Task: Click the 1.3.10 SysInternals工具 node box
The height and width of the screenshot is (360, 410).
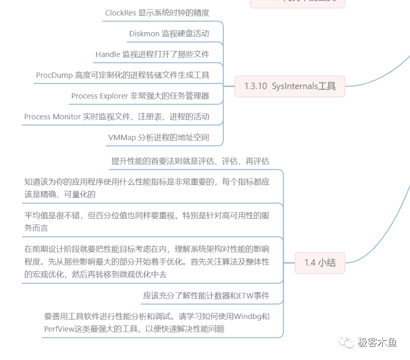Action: (289, 86)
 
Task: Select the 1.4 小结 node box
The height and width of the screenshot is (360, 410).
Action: (320, 263)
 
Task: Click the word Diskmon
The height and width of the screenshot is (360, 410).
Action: (144, 34)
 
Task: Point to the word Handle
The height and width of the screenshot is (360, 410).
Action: (108, 54)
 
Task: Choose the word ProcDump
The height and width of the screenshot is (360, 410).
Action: (54, 75)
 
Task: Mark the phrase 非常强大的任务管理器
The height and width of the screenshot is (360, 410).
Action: (169, 96)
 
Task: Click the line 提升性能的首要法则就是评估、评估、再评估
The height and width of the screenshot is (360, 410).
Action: (190, 161)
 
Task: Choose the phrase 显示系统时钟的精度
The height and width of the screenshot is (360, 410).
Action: (178, 13)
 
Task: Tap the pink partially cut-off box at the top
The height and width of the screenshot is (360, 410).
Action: (297, 2)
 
